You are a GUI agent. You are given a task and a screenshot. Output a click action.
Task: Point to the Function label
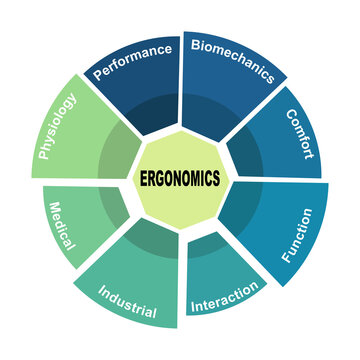pos(298,235)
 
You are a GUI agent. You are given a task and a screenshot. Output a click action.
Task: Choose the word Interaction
pos(226,297)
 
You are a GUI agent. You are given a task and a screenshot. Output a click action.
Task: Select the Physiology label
pos(58,127)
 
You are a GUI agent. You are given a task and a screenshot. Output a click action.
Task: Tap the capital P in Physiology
pos(45,155)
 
